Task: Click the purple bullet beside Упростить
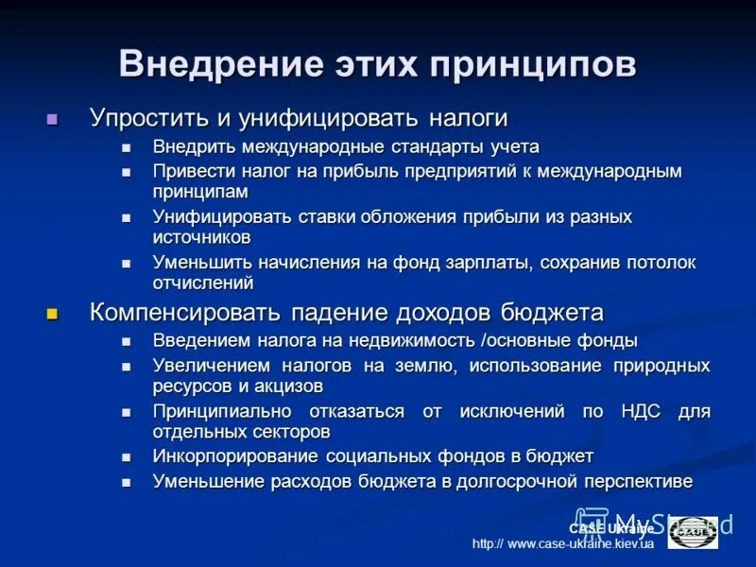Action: coord(53,120)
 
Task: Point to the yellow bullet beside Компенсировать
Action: coord(53,314)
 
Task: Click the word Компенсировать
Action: coord(193,312)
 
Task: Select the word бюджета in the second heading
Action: coord(551,312)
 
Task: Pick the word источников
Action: coord(201,237)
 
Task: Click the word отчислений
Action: coord(203,282)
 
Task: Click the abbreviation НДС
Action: coord(642,411)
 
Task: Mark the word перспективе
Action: coord(638,481)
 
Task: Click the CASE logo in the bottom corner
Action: coord(693,532)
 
